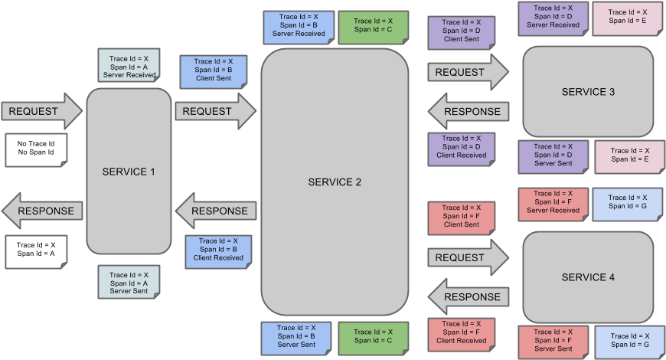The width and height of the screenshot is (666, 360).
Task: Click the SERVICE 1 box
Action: point(129,172)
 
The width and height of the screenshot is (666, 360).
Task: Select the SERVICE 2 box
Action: point(335,182)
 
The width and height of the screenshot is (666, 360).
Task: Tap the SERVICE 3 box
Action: point(588,92)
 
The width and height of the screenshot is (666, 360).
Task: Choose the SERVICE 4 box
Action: point(588,277)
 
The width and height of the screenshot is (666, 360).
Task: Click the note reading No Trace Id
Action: point(36,148)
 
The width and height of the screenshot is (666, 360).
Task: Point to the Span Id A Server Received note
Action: point(129,65)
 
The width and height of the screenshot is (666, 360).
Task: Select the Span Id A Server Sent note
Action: point(129,283)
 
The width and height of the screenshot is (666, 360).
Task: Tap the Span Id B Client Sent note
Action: point(214,70)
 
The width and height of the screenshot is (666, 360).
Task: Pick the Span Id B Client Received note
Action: point(218,250)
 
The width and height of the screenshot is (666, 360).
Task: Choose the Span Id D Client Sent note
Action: point(462,31)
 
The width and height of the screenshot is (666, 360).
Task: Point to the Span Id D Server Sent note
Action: point(553,155)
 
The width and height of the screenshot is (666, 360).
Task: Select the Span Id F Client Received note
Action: point(462,332)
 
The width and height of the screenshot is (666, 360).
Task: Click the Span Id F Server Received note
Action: point(553,202)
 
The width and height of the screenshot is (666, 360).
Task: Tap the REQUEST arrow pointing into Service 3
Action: point(468,72)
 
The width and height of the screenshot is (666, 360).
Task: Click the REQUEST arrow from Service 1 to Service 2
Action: point(215,111)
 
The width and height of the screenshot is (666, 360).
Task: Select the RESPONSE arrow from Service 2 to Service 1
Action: point(214,211)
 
